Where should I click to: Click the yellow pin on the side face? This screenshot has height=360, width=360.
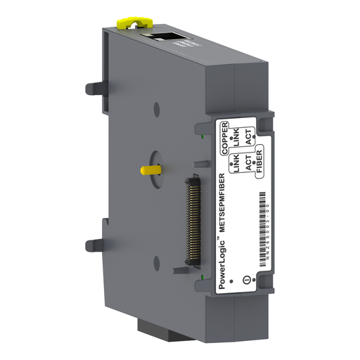point(149,169)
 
